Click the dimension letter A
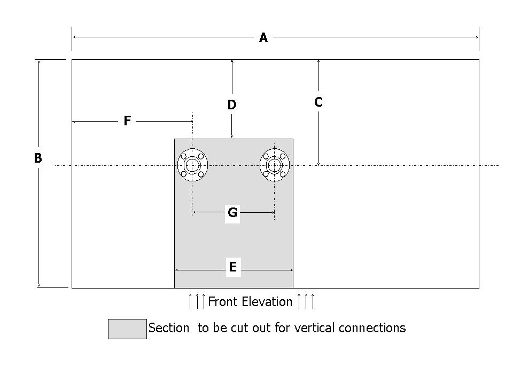pyautogui.click(x=263, y=38)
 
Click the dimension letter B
pyautogui.click(x=38, y=158)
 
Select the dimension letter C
pyautogui.click(x=318, y=102)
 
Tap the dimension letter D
pyautogui.click(x=232, y=105)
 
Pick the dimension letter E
pyautogui.click(x=232, y=267)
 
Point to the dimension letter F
pyautogui.click(x=127, y=121)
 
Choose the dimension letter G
pyautogui.click(x=232, y=213)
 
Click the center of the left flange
pyautogui.click(x=192, y=165)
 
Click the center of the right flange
pyautogui.click(x=275, y=165)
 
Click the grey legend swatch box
pyautogui.click(x=127, y=329)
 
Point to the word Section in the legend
pyautogui.click(x=169, y=328)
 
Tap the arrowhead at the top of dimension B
pyautogui.click(x=38, y=62)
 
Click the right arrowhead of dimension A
pyautogui.click(x=476, y=37)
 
